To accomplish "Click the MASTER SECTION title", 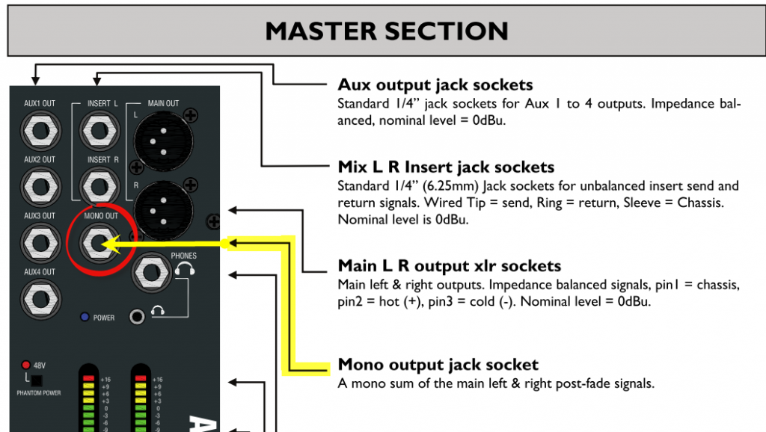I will click(x=387, y=31).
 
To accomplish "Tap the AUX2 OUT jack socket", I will click(x=40, y=186).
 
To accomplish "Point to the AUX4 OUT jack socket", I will click(x=40, y=298).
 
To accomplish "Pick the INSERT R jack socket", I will click(x=98, y=186).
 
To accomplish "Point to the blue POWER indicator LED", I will click(x=85, y=318).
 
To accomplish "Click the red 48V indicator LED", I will click(x=25, y=365).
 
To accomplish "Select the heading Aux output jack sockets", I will click(x=435, y=84).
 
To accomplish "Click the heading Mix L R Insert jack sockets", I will click(x=446, y=167).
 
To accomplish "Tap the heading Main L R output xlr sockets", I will click(x=449, y=265).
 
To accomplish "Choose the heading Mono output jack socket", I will click(x=438, y=365).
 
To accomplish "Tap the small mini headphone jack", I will click(x=137, y=317).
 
